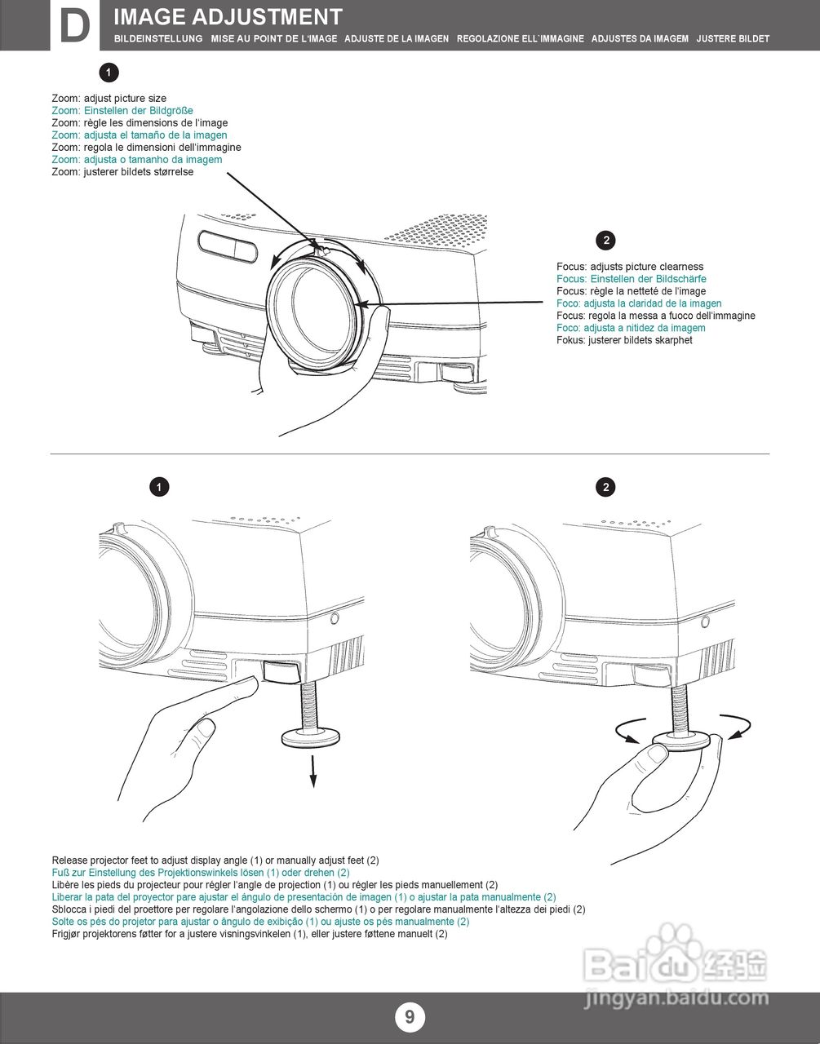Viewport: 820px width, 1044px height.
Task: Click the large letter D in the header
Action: [x=75, y=26]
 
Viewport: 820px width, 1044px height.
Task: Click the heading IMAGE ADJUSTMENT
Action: [x=228, y=17]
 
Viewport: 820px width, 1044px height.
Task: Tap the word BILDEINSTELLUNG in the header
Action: [x=158, y=38]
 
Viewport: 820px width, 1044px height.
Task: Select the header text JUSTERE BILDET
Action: [x=733, y=38]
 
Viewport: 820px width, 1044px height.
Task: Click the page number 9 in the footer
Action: [x=410, y=1016]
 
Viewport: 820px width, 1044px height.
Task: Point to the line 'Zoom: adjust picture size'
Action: [x=109, y=99]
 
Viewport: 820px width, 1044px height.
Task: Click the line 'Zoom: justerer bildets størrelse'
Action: [x=122, y=172]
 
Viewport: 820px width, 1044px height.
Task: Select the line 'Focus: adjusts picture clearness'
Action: [x=630, y=267]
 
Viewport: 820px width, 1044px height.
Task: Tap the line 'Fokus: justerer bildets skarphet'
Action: [x=624, y=340]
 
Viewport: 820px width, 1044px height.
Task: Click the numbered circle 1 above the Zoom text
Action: [x=109, y=73]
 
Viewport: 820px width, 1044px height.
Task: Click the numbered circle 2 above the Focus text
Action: [x=605, y=241]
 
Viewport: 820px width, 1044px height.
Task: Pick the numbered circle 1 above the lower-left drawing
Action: [x=159, y=487]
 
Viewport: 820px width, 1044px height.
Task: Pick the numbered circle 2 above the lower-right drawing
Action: [x=605, y=487]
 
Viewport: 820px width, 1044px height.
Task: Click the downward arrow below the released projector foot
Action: [x=313, y=772]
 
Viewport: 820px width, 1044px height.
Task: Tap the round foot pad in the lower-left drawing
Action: [x=310, y=737]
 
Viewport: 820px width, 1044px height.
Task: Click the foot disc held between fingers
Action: [x=681, y=741]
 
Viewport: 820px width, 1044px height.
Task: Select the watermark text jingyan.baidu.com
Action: [x=676, y=999]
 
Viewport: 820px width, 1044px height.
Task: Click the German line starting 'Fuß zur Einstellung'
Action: [x=201, y=873]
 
